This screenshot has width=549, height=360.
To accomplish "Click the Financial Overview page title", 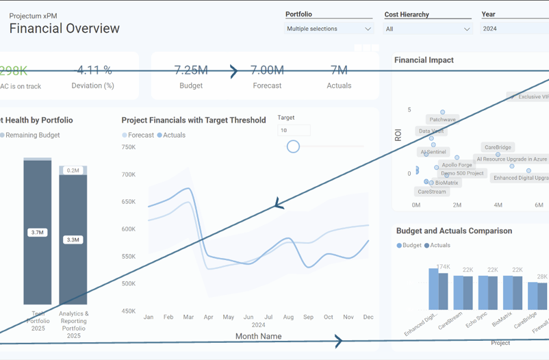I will pyautogui.click(x=64, y=28).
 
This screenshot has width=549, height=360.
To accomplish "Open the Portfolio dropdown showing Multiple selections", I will pyautogui.click(x=329, y=29).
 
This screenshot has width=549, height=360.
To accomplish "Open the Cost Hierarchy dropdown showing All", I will pyautogui.click(x=428, y=29).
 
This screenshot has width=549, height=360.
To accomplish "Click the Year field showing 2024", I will pyautogui.click(x=513, y=29).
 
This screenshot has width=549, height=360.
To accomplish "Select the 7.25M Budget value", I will pyautogui.click(x=191, y=70).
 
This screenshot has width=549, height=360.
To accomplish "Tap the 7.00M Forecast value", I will pyautogui.click(x=267, y=70).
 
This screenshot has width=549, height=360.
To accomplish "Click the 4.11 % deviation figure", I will pyautogui.click(x=94, y=70).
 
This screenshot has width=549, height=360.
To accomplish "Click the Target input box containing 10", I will pyautogui.click(x=294, y=130).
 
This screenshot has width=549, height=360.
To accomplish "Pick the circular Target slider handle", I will pyautogui.click(x=293, y=146).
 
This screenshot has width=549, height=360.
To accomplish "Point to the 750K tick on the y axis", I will pyautogui.click(x=128, y=147).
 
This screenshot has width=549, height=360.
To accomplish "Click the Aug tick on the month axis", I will pyautogui.click(x=288, y=318).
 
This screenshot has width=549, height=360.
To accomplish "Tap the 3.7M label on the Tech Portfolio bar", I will pyautogui.click(x=37, y=233).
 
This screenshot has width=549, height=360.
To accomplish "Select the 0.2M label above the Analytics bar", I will pyautogui.click(x=73, y=170).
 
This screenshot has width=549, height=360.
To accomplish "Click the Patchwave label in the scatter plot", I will pyautogui.click(x=442, y=120).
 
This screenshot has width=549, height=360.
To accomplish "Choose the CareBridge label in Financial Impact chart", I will pyautogui.click(x=498, y=147).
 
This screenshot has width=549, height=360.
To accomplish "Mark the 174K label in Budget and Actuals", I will pyautogui.click(x=444, y=267).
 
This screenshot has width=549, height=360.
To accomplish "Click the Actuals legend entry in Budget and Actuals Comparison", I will pyautogui.click(x=439, y=245).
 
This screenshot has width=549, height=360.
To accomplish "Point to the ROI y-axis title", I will pyautogui.click(x=398, y=134).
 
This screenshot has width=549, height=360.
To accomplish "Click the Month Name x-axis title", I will pyautogui.click(x=259, y=336).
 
